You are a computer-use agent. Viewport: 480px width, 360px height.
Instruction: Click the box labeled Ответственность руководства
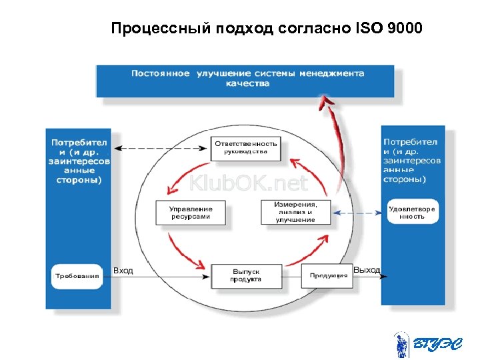[245, 147]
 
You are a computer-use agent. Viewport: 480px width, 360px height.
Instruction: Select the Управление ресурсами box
[191, 213]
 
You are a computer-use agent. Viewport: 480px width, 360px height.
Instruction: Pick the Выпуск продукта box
[245, 275]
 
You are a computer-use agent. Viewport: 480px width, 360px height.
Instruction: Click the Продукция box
[329, 275]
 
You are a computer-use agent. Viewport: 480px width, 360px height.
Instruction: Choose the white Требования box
[77, 276]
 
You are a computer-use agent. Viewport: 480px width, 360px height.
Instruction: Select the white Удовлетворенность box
[411, 213]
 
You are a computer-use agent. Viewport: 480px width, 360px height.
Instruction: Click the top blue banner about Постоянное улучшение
[246, 79]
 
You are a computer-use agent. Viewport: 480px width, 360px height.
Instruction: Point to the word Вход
[123, 271]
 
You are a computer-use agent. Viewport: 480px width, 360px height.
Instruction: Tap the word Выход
[367, 270]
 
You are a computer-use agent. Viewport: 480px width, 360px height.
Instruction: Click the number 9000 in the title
[401, 29]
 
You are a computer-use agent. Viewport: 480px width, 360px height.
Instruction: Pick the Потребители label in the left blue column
[79, 161]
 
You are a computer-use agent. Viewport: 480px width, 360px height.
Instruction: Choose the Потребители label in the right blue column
[412, 160]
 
